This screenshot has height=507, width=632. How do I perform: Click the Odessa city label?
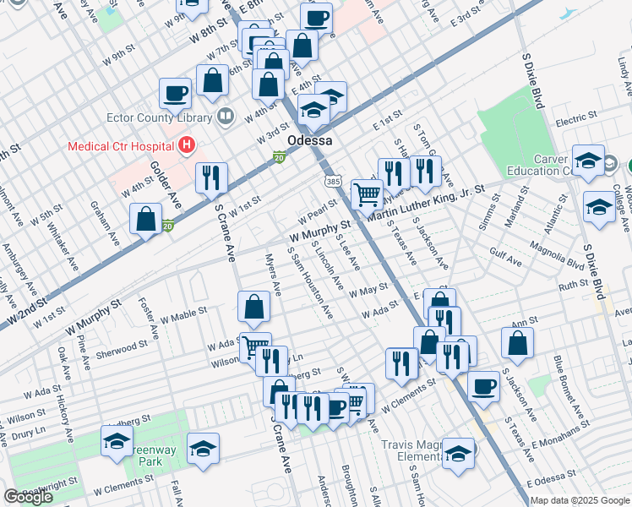coord(309,140)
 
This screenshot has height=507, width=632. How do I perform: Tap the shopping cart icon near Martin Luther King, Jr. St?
coord(367,194)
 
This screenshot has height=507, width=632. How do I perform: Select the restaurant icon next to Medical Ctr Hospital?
coord(210,177)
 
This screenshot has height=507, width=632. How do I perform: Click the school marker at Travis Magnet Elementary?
coord(458,451)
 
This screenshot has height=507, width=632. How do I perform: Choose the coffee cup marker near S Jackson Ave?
coord(483,386)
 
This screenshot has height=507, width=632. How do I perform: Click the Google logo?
coord(28,497)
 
